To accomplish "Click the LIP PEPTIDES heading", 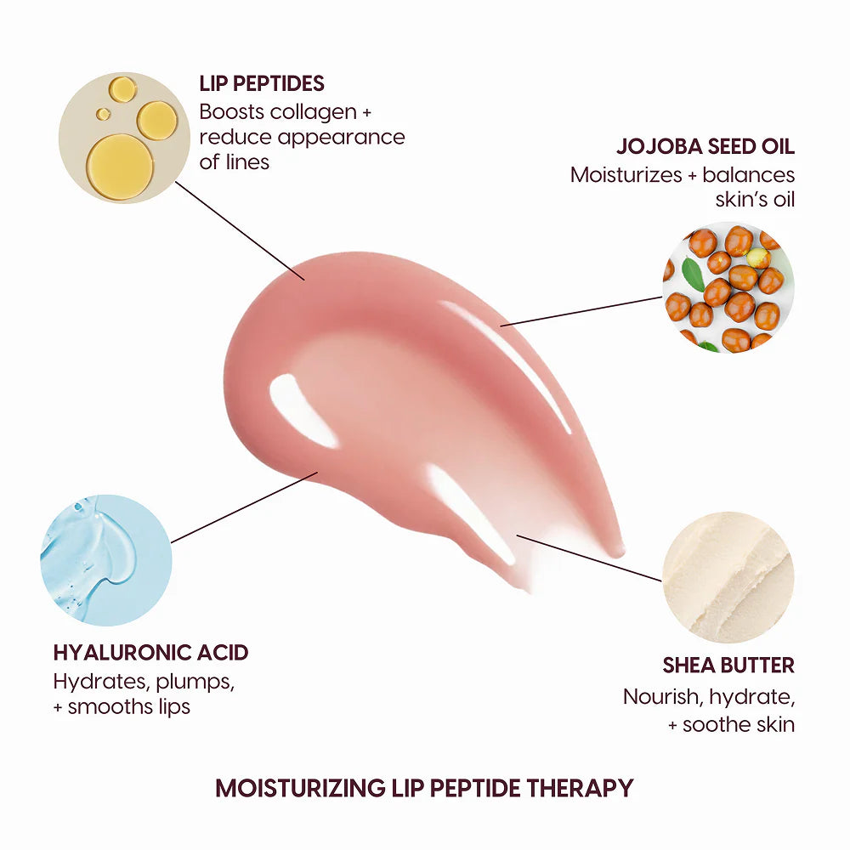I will [262, 83].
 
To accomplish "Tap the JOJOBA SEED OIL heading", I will [705, 146].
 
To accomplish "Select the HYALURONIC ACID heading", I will [150, 653].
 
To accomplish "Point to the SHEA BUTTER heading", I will [728, 665].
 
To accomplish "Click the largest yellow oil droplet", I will [120, 166].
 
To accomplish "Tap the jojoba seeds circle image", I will [728, 287].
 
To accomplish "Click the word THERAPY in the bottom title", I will [580, 788].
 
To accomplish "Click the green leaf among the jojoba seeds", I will [694, 274].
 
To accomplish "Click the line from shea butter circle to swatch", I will [589, 558].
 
